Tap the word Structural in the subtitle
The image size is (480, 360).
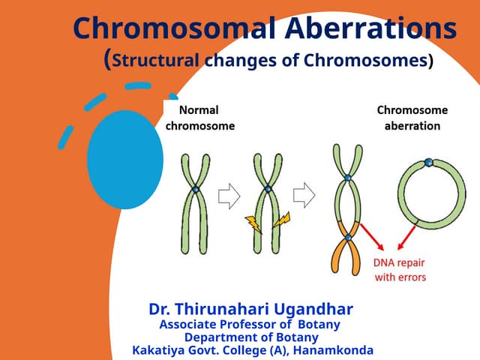point(160,61)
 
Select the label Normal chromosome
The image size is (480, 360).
point(199,118)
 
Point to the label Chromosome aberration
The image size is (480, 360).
point(412,118)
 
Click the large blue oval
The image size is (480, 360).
point(125,159)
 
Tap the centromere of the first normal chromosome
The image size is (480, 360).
point(195,190)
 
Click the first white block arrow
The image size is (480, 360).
point(228,196)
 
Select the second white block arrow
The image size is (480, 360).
point(304,196)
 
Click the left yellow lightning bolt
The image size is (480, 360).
point(251,222)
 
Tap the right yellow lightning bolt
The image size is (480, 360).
point(281,220)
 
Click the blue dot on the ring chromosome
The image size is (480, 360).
point(427,163)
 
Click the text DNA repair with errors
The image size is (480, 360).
point(400,270)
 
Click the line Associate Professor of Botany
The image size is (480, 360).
point(250,325)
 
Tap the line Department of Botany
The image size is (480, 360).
point(251,337)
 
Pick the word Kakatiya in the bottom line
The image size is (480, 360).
point(158,350)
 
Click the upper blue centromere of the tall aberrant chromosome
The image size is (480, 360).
point(348,178)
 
